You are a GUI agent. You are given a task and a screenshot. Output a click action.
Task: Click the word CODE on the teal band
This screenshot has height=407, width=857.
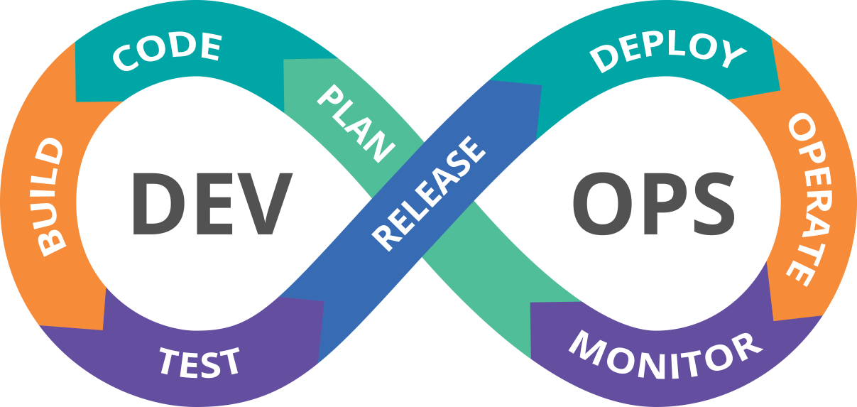tap(168, 52)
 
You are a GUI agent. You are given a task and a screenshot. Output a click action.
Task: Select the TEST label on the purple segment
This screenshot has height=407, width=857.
tap(200, 360)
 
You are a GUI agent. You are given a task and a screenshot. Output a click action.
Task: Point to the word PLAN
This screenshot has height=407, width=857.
tap(356, 123)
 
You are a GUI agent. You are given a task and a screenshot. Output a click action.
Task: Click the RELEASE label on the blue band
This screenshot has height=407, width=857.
tap(430, 192)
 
